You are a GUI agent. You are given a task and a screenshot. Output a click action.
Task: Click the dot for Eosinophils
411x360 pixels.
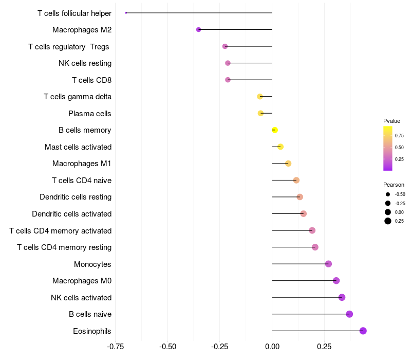click(363, 331)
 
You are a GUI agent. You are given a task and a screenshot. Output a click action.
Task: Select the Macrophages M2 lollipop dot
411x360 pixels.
click(198, 30)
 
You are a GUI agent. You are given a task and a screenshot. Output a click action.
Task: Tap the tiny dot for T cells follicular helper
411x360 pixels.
click(126, 13)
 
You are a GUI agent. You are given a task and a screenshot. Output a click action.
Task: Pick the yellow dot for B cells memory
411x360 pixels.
click(275, 130)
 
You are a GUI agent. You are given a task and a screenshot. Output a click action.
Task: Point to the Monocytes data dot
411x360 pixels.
click(328, 264)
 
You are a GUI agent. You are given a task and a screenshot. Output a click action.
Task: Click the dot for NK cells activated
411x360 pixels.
click(342, 297)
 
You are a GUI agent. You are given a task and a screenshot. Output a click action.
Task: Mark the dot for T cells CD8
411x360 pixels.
click(228, 80)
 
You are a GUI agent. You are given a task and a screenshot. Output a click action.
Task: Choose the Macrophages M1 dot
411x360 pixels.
click(288, 164)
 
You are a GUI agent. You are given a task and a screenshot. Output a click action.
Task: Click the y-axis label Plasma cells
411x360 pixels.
click(90, 113)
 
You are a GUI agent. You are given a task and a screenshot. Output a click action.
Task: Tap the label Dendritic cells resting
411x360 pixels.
click(76, 197)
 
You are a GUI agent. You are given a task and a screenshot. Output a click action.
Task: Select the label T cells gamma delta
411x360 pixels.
click(78, 97)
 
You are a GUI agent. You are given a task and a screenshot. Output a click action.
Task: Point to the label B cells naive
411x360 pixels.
click(90, 314)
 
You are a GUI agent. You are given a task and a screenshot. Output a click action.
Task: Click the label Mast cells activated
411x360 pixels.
click(78, 147)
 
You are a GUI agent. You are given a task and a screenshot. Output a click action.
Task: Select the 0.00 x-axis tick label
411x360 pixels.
click(272, 347)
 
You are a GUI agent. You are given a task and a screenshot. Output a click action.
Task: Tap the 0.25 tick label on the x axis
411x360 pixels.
click(324, 347)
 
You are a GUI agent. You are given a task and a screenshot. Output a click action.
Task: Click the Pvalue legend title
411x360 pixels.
click(391, 121)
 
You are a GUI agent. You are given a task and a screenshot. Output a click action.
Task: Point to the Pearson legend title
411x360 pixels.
click(394, 185)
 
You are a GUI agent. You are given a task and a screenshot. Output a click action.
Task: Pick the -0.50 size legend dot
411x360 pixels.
click(388, 194)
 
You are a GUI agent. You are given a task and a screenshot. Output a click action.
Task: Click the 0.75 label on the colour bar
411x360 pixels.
click(399, 136)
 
